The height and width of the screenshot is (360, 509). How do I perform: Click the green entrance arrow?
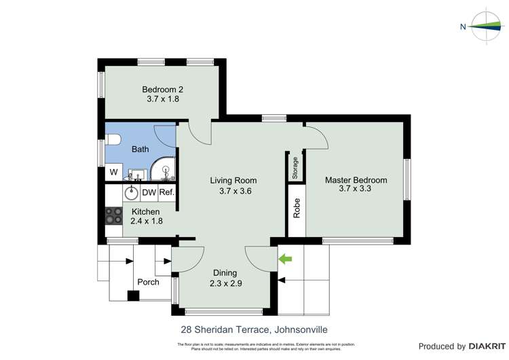pyautogui.click(x=285, y=259)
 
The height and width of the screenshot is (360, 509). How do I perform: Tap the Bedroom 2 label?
pyautogui.click(x=162, y=89)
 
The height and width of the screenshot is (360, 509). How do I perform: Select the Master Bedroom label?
pyautogui.click(x=356, y=180)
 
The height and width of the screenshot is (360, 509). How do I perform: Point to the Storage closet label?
pyautogui.click(x=295, y=168)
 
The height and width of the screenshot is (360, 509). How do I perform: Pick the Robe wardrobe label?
pyautogui.click(x=297, y=209)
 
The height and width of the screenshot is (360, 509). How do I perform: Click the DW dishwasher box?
pyautogui.click(x=149, y=192)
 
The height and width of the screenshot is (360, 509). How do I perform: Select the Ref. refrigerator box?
pyautogui.click(x=167, y=192)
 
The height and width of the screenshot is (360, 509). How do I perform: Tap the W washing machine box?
pyautogui.click(x=113, y=172)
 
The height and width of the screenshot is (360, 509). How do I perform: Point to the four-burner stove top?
pyautogui.click(x=113, y=217)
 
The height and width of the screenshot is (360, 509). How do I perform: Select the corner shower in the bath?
pyautogui.click(x=164, y=170)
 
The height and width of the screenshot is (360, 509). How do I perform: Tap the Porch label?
pyautogui.click(x=148, y=282)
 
